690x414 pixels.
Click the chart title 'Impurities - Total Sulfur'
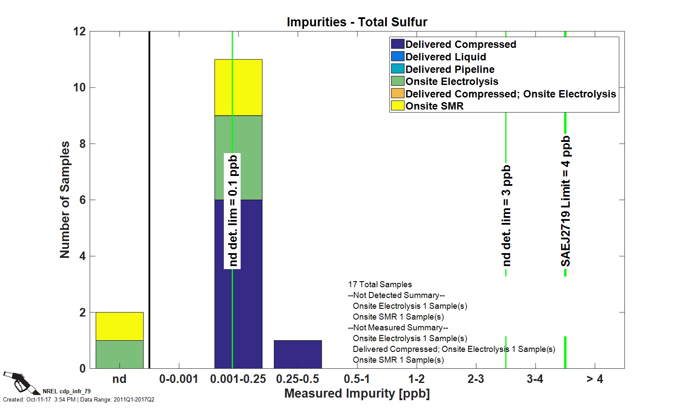pyautogui.click(x=357, y=22)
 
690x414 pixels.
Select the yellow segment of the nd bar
pyautogui.click(x=119, y=326)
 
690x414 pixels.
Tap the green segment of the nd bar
pyautogui.click(x=119, y=354)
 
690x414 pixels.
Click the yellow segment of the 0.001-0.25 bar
pyautogui.click(x=238, y=87)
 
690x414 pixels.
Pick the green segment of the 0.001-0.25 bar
pyautogui.click(x=238, y=157)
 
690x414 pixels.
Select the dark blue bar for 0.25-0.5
pyautogui.click(x=298, y=354)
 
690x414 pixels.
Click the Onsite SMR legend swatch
pyautogui.click(x=398, y=106)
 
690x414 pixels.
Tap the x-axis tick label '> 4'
pyautogui.click(x=595, y=379)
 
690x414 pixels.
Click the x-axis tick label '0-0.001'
pyautogui.click(x=179, y=379)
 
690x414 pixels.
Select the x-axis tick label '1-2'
pyautogui.click(x=416, y=379)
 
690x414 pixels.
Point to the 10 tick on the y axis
pyautogui.click(x=79, y=88)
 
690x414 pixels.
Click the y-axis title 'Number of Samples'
pyautogui.click(x=65, y=200)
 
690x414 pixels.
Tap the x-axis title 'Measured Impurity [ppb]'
pyautogui.click(x=357, y=393)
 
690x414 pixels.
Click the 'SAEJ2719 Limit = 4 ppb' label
pyautogui.click(x=565, y=201)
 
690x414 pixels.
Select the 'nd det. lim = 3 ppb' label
pyautogui.click(x=506, y=215)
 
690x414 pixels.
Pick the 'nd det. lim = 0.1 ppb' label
pyautogui.click(x=232, y=211)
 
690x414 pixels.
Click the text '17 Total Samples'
pyautogui.click(x=380, y=285)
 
